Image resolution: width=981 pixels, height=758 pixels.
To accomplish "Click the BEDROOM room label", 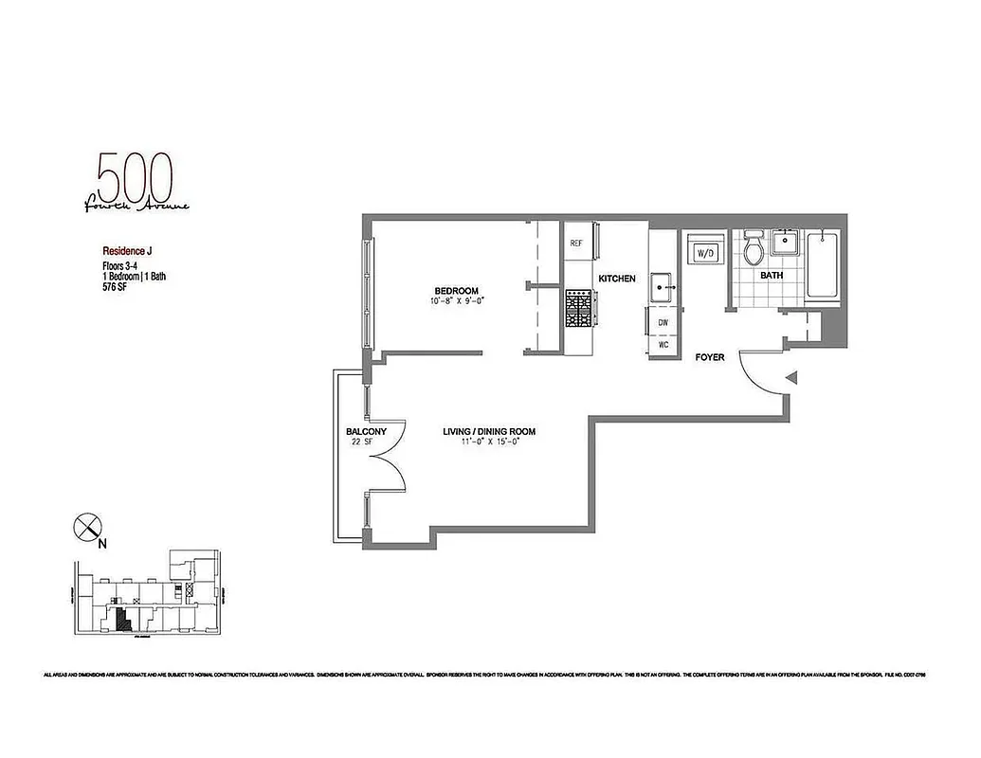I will click(x=456, y=291).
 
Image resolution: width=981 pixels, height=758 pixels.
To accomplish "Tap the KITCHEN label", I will click(x=616, y=279).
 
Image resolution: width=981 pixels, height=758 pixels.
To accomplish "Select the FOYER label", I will click(x=710, y=357).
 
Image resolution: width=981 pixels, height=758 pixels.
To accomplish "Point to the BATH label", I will click(x=772, y=276).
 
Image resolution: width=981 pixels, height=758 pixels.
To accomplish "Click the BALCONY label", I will click(x=366, y=432).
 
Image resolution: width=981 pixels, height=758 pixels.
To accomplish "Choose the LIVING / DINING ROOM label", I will click(x=489, y=432).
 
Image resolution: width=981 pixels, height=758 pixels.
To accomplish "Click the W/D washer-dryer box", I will click(x=704, y=253).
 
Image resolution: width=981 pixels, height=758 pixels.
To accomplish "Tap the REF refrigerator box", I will click(x=576, y=243).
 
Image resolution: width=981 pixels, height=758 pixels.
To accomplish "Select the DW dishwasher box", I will click(x=663, y=322).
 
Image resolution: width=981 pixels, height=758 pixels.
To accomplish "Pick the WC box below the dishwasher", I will click(x=663, y=344).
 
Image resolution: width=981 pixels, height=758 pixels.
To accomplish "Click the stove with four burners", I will click(x=577, y=309).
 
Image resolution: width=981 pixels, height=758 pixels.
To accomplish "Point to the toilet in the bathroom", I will click(x=754, y=248).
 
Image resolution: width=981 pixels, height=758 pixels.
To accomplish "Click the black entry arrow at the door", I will click(x=793, y=379).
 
